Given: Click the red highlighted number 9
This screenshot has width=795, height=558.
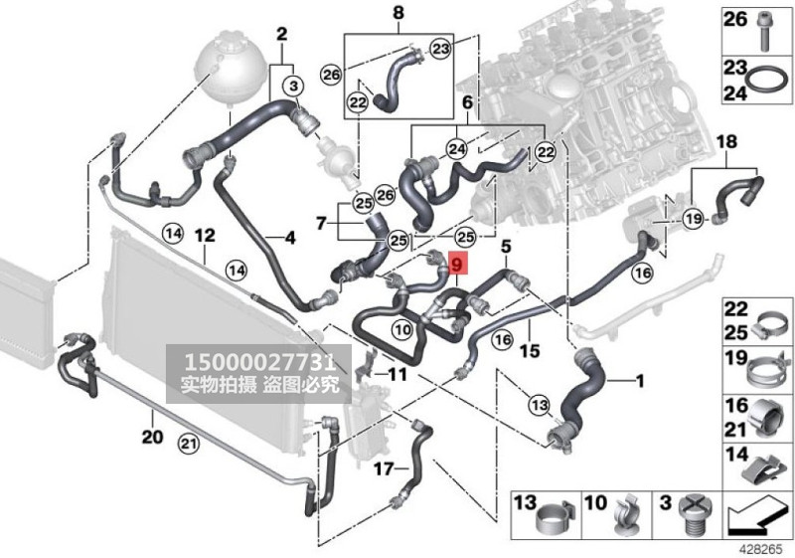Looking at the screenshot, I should click(456, 266).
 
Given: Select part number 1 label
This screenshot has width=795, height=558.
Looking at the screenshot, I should click(640, 380).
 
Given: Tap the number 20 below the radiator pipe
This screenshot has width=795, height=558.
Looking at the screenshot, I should click(150, 437).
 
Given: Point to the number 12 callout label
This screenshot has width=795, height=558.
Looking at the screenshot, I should click(204, 236).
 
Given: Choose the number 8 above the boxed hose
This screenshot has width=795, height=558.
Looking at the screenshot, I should click(398, 13).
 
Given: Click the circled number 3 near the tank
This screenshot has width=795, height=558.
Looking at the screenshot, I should click(293, 88).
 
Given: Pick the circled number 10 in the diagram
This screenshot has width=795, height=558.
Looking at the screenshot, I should click(402, 328).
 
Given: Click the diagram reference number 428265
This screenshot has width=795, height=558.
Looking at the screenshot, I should click(767, 547).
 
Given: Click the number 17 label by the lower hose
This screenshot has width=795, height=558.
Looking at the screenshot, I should click(383, 465).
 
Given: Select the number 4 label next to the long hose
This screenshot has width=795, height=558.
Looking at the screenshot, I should click(290, 238).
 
